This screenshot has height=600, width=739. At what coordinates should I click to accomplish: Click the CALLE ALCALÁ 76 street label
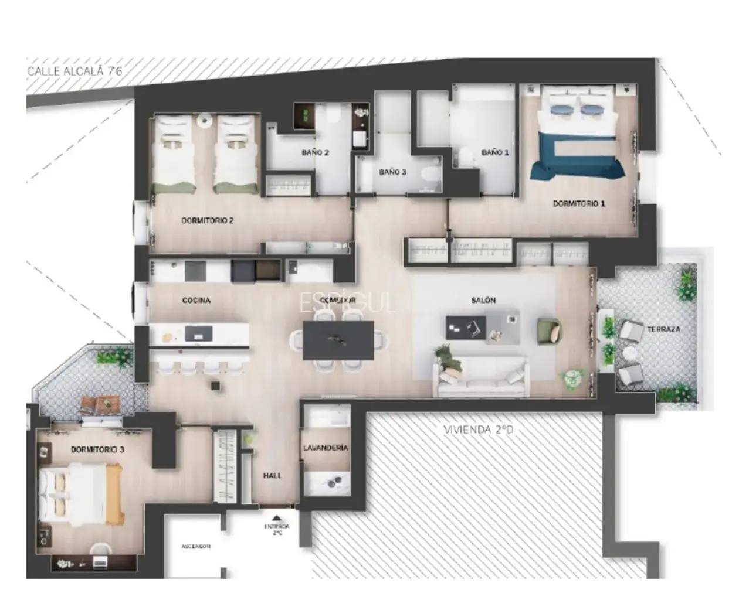point(75,71)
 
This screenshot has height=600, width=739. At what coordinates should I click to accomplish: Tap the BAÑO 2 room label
point(315,152)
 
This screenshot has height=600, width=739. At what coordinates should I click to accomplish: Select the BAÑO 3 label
point(392,172)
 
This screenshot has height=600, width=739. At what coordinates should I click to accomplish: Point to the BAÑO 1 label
point(495,152)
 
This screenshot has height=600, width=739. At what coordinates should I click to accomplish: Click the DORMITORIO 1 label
point(578,204)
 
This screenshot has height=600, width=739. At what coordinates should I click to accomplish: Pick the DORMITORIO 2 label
point(207,221)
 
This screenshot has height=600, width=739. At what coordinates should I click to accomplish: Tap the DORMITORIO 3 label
point(97,449)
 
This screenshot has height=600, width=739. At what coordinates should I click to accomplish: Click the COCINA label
point(196,301)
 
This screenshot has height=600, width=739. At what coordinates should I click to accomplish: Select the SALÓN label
point(483,300)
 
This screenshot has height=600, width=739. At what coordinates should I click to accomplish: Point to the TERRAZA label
point(663,329)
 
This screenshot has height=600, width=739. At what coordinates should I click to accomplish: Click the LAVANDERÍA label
point(326,448)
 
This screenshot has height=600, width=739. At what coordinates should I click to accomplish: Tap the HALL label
point(272,476)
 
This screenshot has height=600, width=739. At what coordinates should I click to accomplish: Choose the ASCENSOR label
point(196,547)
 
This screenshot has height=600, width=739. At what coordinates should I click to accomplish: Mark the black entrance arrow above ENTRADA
point(277,518)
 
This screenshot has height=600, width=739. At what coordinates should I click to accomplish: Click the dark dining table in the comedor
point(338,340)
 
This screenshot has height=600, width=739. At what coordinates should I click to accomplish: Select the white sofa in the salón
point(481,375)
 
